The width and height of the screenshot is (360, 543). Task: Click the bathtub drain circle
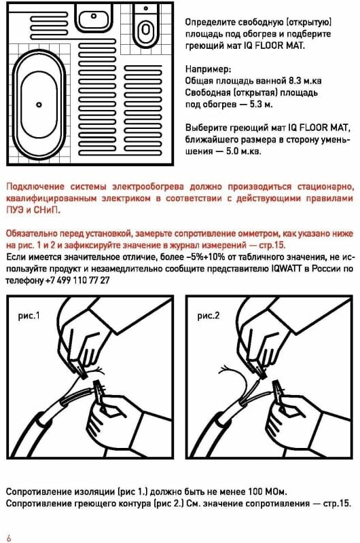point(39,105)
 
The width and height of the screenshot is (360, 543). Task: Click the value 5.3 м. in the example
point(262,105)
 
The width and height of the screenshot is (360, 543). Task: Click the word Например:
point(208,69)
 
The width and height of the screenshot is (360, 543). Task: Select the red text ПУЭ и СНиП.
point(33,210)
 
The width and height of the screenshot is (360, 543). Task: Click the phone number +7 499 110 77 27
point(77,280)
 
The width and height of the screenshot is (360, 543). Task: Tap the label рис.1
point(29,316)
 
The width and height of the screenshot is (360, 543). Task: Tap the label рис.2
point(209,316)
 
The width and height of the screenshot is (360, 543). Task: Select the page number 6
point(8,538)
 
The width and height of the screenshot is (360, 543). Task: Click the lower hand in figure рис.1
point(114,421)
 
